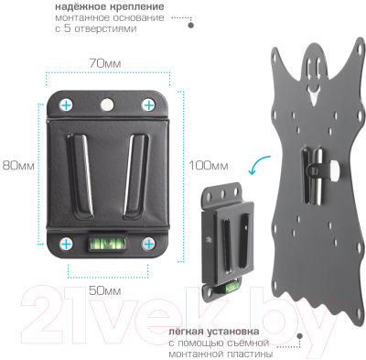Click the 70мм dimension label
click(x=105, y=63)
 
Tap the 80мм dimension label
click(x=18, y=166)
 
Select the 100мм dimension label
click(x=209, y=166)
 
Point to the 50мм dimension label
click(x=105, y=290)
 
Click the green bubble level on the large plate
click(x=108, y=244)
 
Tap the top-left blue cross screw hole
click(x=66, y=105)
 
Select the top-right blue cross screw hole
click(x=148, y=105)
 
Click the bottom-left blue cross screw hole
click(x=66, y=244)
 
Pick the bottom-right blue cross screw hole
click(x=148, y=244)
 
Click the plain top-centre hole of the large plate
click(x=107, y=104)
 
